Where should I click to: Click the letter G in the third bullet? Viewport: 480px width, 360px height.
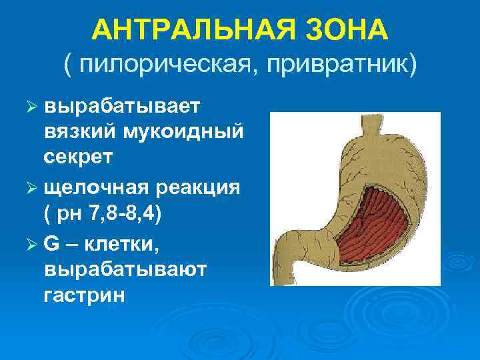point(53,243)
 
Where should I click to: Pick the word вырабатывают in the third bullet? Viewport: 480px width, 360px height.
point(126,269)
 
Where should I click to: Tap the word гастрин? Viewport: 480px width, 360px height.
point(85,294)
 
